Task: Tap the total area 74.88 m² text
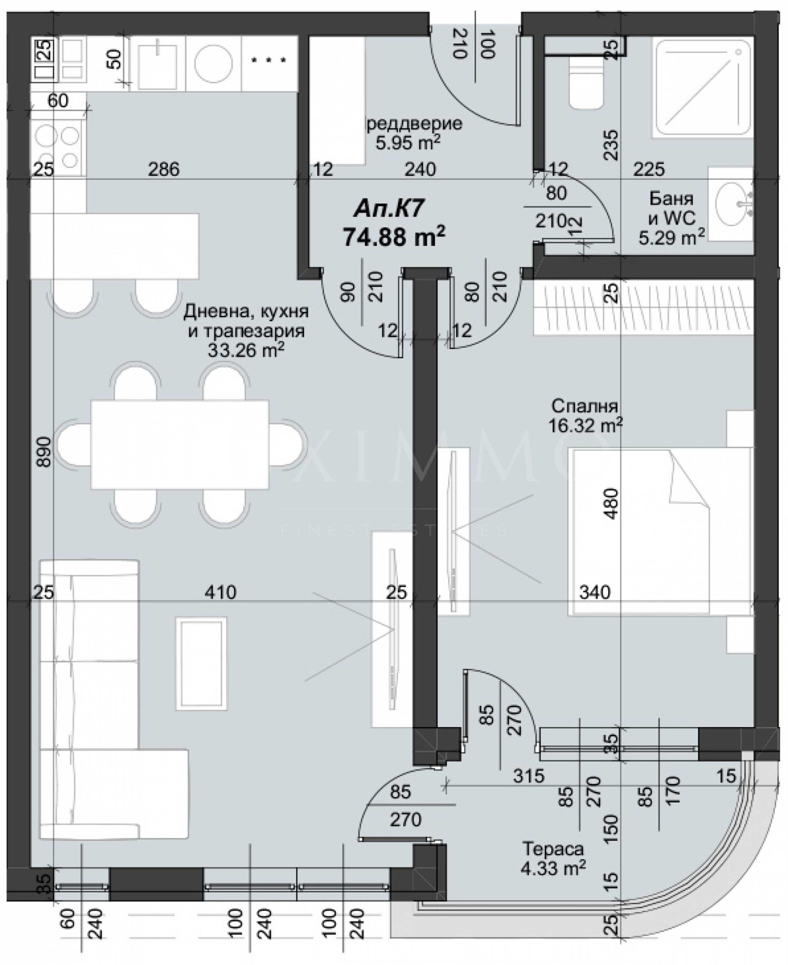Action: (x=394, y=237)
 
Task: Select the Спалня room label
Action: (x=584, y=406)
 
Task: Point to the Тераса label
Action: (x=553, y=849)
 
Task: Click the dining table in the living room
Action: (x=179, y=444)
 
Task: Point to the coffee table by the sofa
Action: (x=201, y=663)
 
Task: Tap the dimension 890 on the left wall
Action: (x=44, y=451)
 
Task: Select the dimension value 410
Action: (x=220, y=592)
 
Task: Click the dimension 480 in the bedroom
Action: (x=611, y=503)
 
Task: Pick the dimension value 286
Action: (x=164, y=169)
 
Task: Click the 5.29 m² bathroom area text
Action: (x=671, y=238)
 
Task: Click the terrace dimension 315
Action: (x=529, y=776)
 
